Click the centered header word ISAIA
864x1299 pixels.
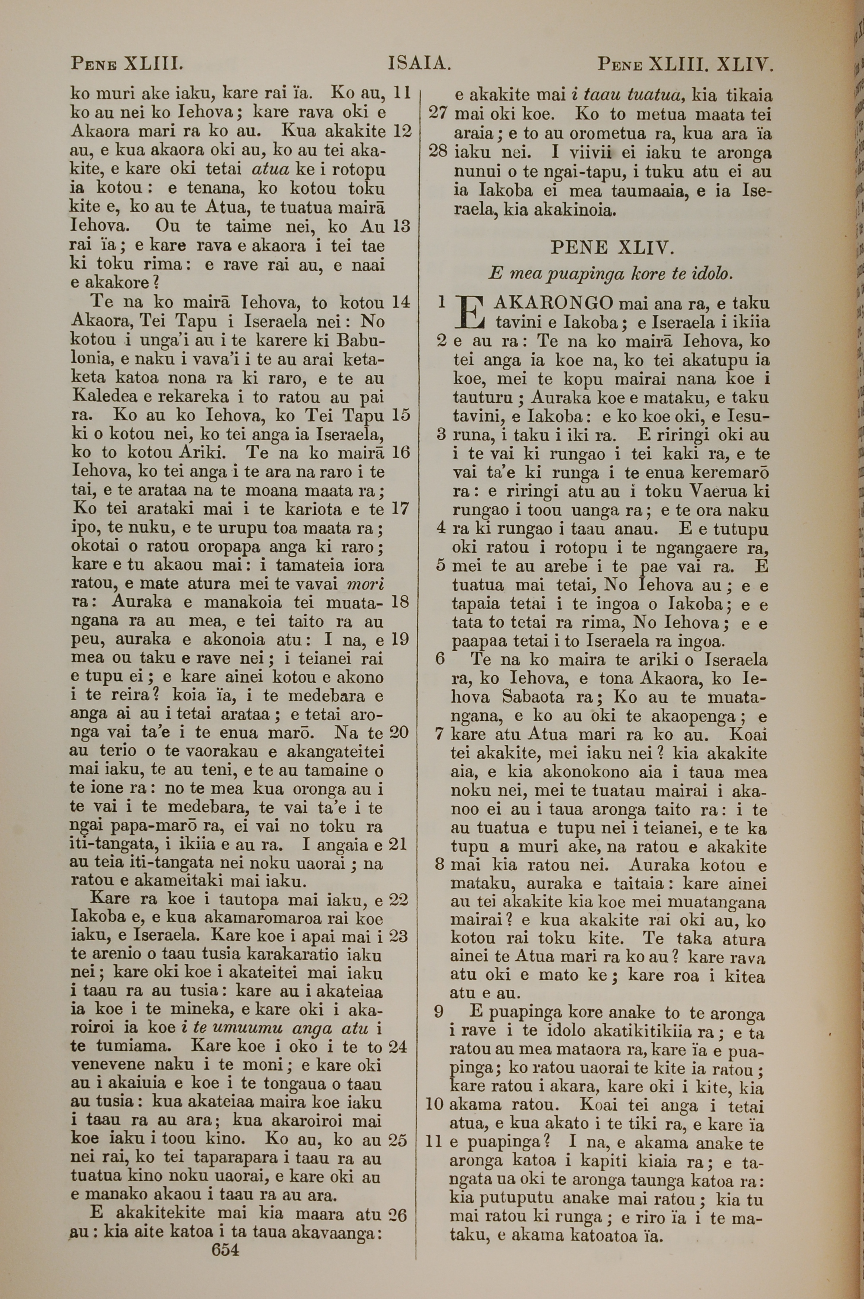click(x=420, y=64)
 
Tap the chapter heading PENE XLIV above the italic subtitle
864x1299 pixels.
click(x=612, y=248)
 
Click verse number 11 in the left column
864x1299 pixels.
click(x=403, y=93)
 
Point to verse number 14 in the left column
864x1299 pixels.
click(x=400, y=302)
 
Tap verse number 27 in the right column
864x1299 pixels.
click(x=438, y=114)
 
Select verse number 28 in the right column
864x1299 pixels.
click(x=438, y=152)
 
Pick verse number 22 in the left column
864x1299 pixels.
click(x=398, y=899)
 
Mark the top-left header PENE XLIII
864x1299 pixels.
click(x=126, y=64)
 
